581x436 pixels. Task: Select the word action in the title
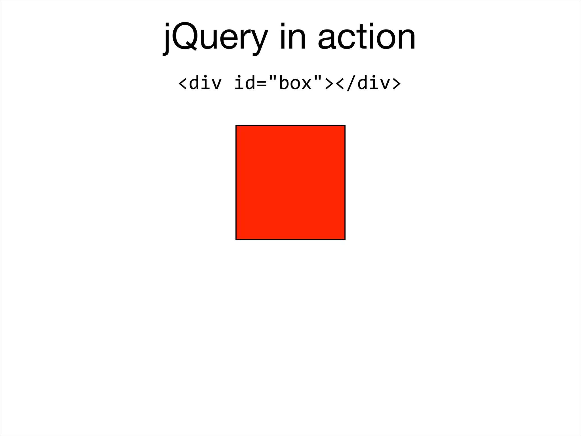coord(367,37)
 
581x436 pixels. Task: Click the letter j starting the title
coord(167,38)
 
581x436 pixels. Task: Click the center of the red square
coord(290,183)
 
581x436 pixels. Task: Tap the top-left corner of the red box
coord(236,125)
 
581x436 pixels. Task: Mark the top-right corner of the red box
coord(345,125)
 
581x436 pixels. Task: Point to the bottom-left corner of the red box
coord(236,240)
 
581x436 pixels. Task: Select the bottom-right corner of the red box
coord(345,240)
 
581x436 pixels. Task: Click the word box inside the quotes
coord(295,83)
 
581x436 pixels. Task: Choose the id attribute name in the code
coord(244,83)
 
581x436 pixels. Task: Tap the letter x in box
coord(306,84)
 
